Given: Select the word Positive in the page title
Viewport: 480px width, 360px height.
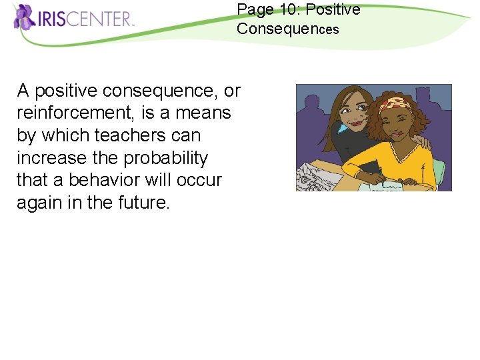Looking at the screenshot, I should pos(333,10).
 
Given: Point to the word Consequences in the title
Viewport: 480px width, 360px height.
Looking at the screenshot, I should pos(287,29).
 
